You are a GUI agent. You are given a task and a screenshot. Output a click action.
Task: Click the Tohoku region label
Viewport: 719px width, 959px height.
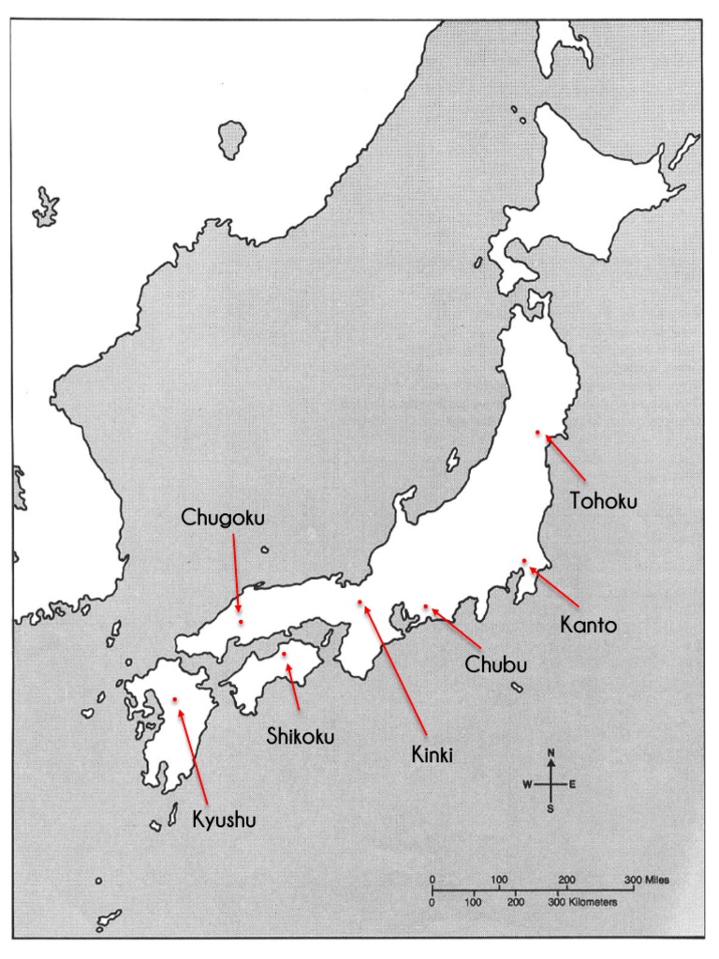604,501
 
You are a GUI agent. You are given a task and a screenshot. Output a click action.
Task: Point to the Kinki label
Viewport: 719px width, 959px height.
433,752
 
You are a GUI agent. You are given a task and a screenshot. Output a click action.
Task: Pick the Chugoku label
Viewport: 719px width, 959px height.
224,517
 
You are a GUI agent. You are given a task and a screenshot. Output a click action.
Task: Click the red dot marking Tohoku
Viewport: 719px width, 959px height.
537,433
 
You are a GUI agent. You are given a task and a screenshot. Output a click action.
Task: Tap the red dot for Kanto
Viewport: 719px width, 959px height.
525,561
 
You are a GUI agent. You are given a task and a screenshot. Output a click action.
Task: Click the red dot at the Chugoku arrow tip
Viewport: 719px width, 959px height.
241,621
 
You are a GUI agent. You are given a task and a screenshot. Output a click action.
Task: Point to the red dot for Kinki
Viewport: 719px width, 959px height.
360,602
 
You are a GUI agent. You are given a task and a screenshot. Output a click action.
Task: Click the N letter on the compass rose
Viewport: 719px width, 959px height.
551,753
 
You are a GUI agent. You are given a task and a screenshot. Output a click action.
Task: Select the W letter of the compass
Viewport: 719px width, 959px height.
527,784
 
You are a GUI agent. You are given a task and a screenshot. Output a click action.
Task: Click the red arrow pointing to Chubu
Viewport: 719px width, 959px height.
455,627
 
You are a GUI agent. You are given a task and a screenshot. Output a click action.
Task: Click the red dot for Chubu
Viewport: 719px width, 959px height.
425,607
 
